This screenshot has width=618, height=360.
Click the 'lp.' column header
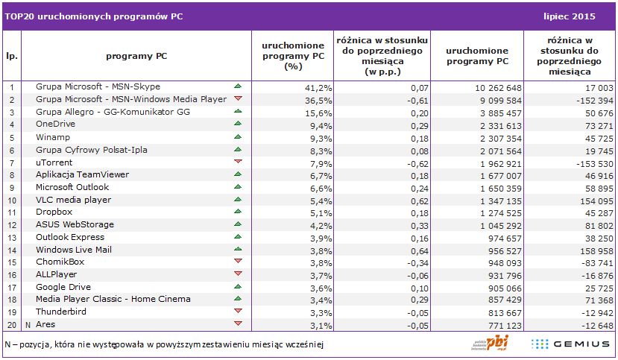pyautogui.click(x=12, y=55)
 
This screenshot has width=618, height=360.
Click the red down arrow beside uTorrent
pyautogui.click(x=238, y=162)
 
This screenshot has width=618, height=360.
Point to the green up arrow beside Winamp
pyautogui.click(x=238, y=136)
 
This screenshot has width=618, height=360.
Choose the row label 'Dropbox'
pyautogui.click(x=54, y=212)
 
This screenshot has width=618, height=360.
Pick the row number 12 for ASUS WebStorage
pyautogui.click(x=12, y=224)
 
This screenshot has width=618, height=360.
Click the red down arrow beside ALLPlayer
pyautogui.click(x=238, y=274)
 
